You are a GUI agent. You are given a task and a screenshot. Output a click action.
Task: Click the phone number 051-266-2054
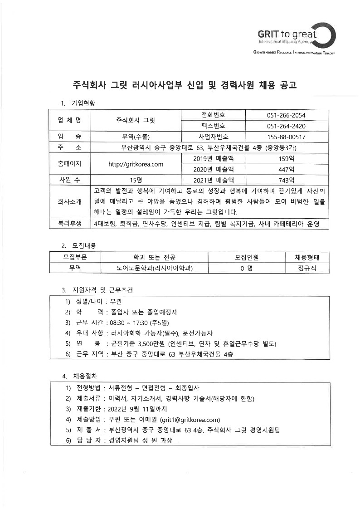286,115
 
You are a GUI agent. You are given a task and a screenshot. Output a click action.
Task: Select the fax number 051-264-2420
286,126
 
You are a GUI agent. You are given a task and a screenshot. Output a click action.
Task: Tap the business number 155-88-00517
286,137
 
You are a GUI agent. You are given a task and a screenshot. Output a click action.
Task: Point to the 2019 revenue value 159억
286,159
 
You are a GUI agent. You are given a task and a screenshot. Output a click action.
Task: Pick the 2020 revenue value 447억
286,169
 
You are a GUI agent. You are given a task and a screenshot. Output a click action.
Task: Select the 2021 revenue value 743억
286,180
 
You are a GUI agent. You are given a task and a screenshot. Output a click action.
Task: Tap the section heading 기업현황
83,103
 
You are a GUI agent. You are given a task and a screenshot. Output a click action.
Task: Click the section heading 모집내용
83,245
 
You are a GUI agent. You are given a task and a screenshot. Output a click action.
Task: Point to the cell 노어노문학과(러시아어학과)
155,268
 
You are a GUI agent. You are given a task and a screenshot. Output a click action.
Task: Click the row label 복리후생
69,223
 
